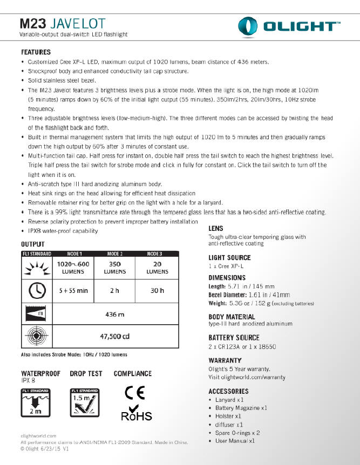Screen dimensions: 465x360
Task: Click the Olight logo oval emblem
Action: pyautogui.click(x=250, y=26)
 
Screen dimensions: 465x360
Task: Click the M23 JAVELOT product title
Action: pyautogui.click(x=63, y=24)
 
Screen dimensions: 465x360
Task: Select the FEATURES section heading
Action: pyautogui.click(x=36, y=52)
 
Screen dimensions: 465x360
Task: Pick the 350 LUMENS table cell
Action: pyautogui.click(x=114, y=268)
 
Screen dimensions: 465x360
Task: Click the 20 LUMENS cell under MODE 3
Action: pyautogui.click(x=157, y=268)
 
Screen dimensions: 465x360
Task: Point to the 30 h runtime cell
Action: pyautogui.click(x=157, y=291)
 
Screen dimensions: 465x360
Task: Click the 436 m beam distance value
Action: pyautogui.click(x=115, y=314)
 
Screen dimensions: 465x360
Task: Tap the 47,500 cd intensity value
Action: pyautogui.click(x=115, y=337)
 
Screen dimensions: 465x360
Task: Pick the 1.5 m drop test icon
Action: pyautogui.click(x=85, y=402)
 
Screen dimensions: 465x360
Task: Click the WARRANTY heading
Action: pyautogui.click(x=225, y=360)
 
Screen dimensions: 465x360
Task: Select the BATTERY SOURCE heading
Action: pyautogui.click(x=233, y=337)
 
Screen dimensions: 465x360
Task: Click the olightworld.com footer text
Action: pyautogui.click(x=38, y=435)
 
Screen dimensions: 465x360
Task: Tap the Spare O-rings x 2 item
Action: pyautogui.click(x=237, y=433)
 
